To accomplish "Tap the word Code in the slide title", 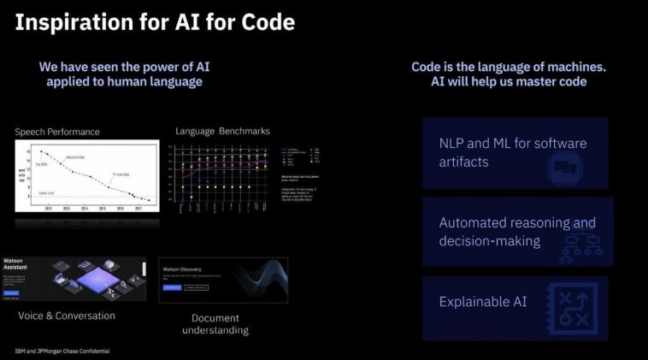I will (264, 22).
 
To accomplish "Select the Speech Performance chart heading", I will (57, 132).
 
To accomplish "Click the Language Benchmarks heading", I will (222, 131).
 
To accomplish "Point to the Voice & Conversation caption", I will (67, 316).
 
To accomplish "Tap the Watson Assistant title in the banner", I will (15, 263).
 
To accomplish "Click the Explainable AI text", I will (483, 302).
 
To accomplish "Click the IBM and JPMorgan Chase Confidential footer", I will (62, 351).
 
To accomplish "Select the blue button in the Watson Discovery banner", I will (173, 287).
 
